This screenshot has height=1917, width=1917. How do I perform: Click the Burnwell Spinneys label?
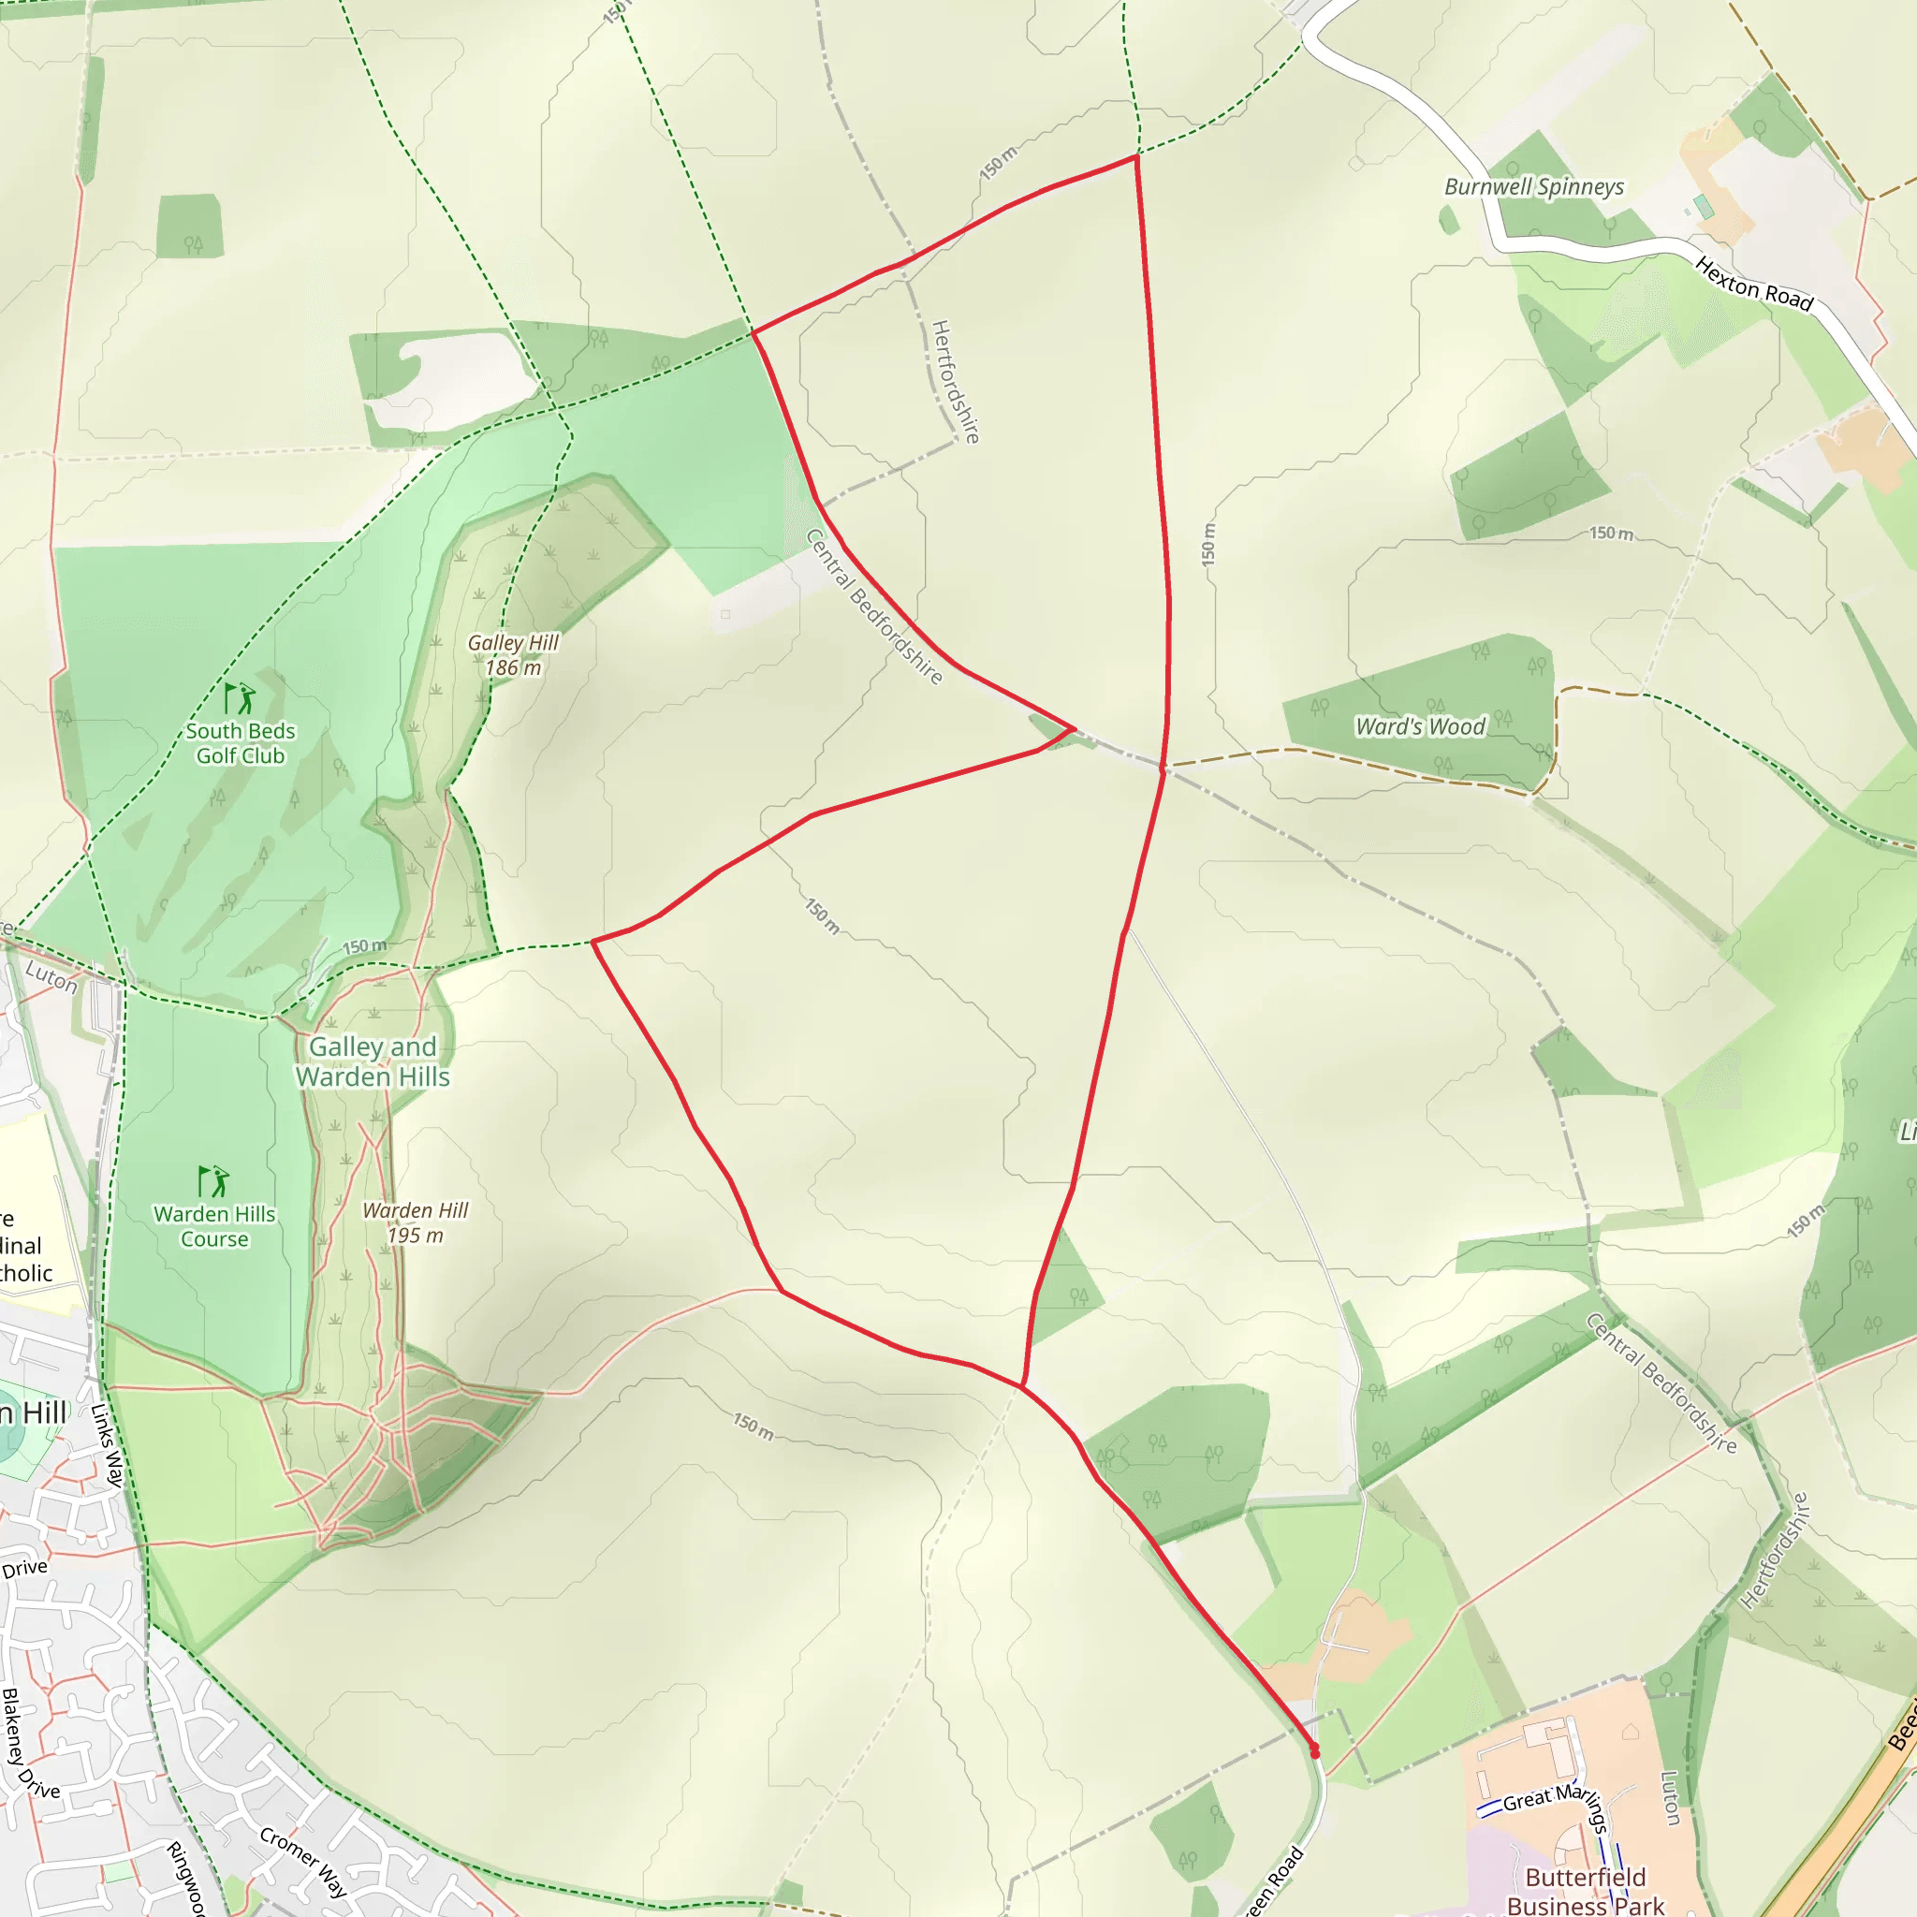[x=1533, y=186]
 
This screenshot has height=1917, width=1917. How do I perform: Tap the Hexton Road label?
[x=1753, y=283]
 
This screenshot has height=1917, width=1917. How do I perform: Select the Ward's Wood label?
[x=1420, y=726]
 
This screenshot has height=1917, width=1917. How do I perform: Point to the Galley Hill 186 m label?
[x=513, y=655]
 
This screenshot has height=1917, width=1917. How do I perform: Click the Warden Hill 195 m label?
[x=415, y=1222]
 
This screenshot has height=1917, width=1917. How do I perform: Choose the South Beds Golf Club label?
[x=241, y=743]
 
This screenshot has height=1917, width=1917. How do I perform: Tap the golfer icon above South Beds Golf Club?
[x=239, y=698]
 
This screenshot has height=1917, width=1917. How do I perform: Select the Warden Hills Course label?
[x=214, y=1226]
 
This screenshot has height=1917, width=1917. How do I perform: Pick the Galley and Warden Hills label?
[x=373, y=1061]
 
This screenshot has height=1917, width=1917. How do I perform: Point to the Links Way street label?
[x=107, y=1444]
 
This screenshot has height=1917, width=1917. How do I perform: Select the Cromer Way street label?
[x=302, y=1862]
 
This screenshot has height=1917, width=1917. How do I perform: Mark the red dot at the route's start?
[x=1315, y=1753]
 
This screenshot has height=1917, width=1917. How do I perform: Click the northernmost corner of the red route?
[x=1136, y=156]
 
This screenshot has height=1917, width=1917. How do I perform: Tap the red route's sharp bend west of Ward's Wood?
[x=1073, y=729]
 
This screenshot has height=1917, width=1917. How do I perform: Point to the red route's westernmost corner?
[x=593, y=941]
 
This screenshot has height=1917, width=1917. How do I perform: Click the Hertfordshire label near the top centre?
[x=956, y=381]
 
